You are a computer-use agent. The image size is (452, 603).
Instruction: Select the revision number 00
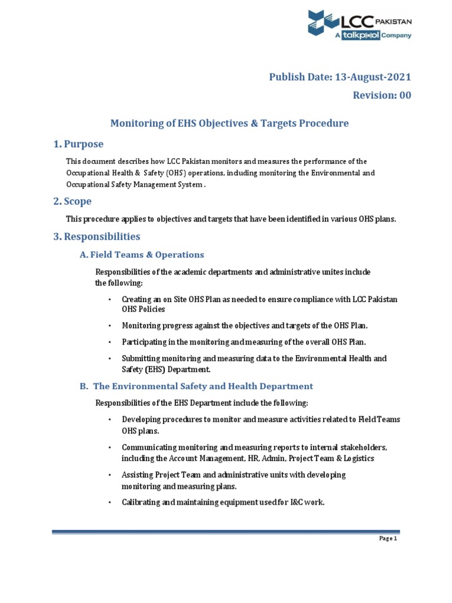[x=405, y=95]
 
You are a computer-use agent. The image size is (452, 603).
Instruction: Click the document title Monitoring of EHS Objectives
[x=230, y=123]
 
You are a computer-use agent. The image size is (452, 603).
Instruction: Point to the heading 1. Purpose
[x=78, y=144]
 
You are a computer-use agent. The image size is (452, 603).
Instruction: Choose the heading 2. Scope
[x=72, y=201]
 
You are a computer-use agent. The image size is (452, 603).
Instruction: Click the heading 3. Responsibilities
[x=97, y=237]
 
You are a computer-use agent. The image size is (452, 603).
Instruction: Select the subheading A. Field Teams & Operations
[x=142, y=255]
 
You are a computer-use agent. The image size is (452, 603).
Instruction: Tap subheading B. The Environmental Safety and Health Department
[x=197, y=386]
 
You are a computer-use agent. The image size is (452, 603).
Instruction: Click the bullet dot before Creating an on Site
[x=110, y=300]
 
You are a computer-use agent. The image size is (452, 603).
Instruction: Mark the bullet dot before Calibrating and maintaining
[x=110, y=502]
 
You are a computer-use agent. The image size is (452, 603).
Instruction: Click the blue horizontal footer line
[x=225, y=532]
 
